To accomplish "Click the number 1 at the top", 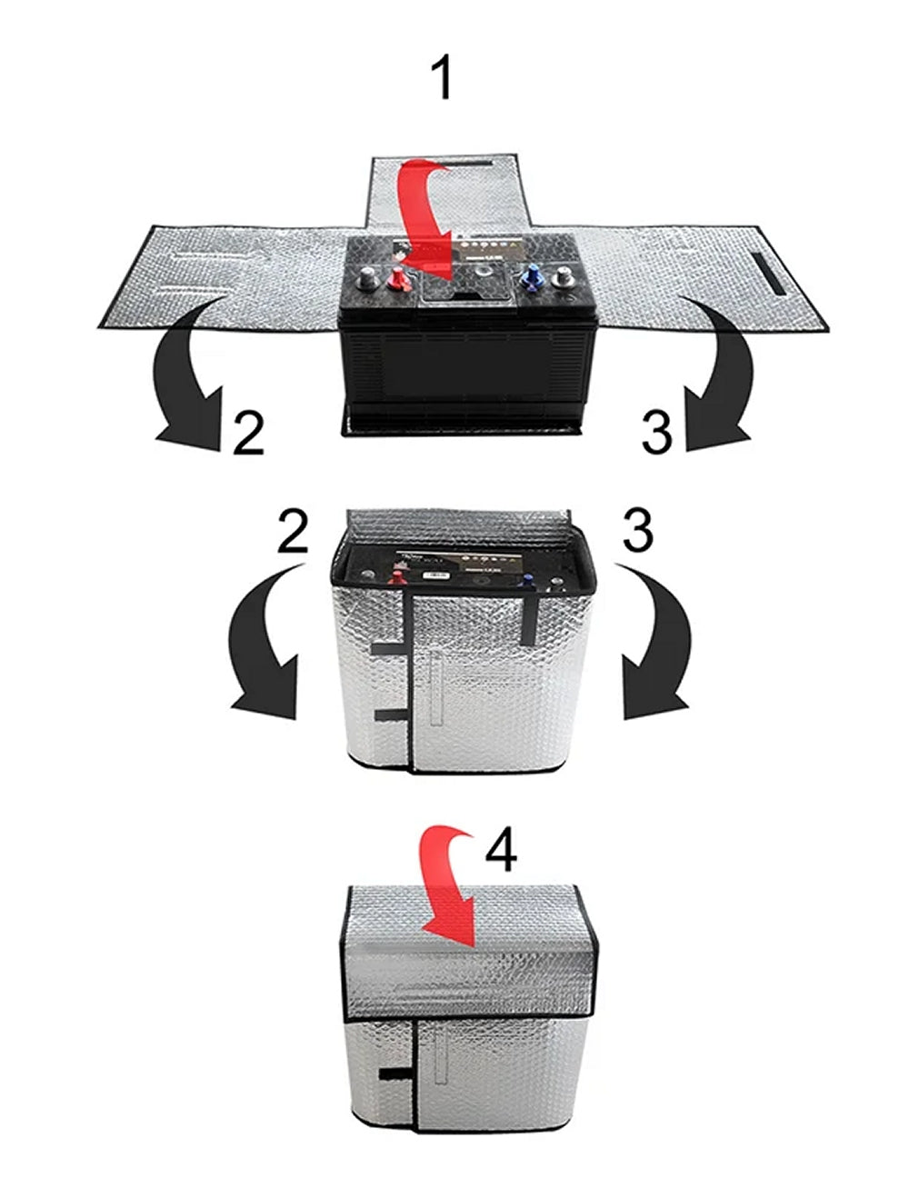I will click(x=443, y=78).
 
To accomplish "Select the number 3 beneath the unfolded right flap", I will click(x=657, y=432).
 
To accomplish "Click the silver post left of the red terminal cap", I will click(x=367, y=277).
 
